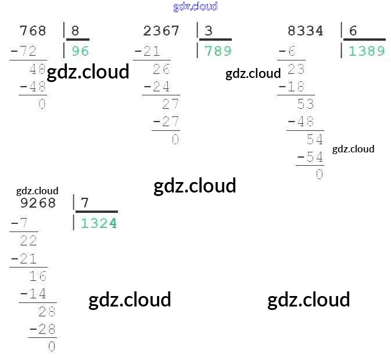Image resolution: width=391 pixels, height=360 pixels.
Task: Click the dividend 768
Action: coord(33,31)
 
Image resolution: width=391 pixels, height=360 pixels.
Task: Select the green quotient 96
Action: coord(80,51)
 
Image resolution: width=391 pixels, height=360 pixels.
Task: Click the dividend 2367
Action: coord(161,31)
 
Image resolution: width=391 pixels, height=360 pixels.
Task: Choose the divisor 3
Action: coord(209,31)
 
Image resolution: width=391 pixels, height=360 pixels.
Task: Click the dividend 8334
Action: coord(305,31)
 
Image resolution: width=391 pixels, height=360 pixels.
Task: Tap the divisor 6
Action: coord(353,31)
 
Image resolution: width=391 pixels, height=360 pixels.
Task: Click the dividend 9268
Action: coord(38,203)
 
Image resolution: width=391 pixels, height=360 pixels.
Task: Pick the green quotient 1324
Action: coord(99,223)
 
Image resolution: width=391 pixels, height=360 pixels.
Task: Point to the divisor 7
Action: coord(85,203)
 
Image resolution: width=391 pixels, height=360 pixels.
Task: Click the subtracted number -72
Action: coord(24,52)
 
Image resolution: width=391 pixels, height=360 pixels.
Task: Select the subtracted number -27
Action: coord(166,122)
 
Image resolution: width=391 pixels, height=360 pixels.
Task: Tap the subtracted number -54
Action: coord(310,157)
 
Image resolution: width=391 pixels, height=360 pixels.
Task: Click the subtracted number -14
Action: coord(33,294)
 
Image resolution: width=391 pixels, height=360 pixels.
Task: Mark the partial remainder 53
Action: coord(305,105)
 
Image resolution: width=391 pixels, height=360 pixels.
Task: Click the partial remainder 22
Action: coord(28,241)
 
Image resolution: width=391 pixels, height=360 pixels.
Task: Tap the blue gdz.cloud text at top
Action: coord(195,6)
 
